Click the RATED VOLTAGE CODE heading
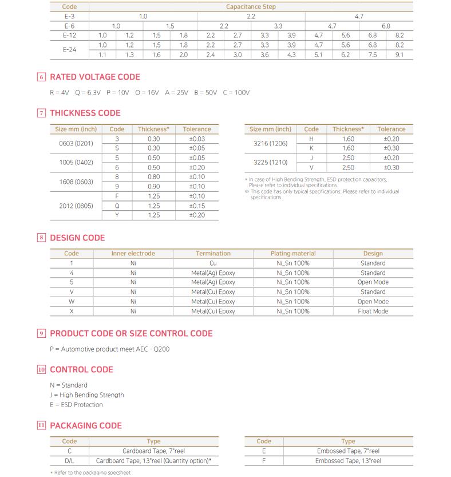[94, 77]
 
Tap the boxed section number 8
[41, 238]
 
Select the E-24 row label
[69, 49]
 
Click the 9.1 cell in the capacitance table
[399, 54]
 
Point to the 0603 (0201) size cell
[77, 143]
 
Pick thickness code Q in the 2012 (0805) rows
[117, 206]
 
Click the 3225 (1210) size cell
[271, 163]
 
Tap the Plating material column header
[292, 253]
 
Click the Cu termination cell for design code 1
[213, 263]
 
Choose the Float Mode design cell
[373, 311]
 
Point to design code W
[72, 301]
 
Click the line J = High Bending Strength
[87, 395]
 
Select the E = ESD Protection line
[77, 404]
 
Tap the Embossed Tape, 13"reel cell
[348, 460]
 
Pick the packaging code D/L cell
[69, 460]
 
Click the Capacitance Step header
[251, 7]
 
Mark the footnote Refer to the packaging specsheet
[92, 472]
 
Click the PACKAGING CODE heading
[86, 425]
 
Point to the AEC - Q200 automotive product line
[110, 349]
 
